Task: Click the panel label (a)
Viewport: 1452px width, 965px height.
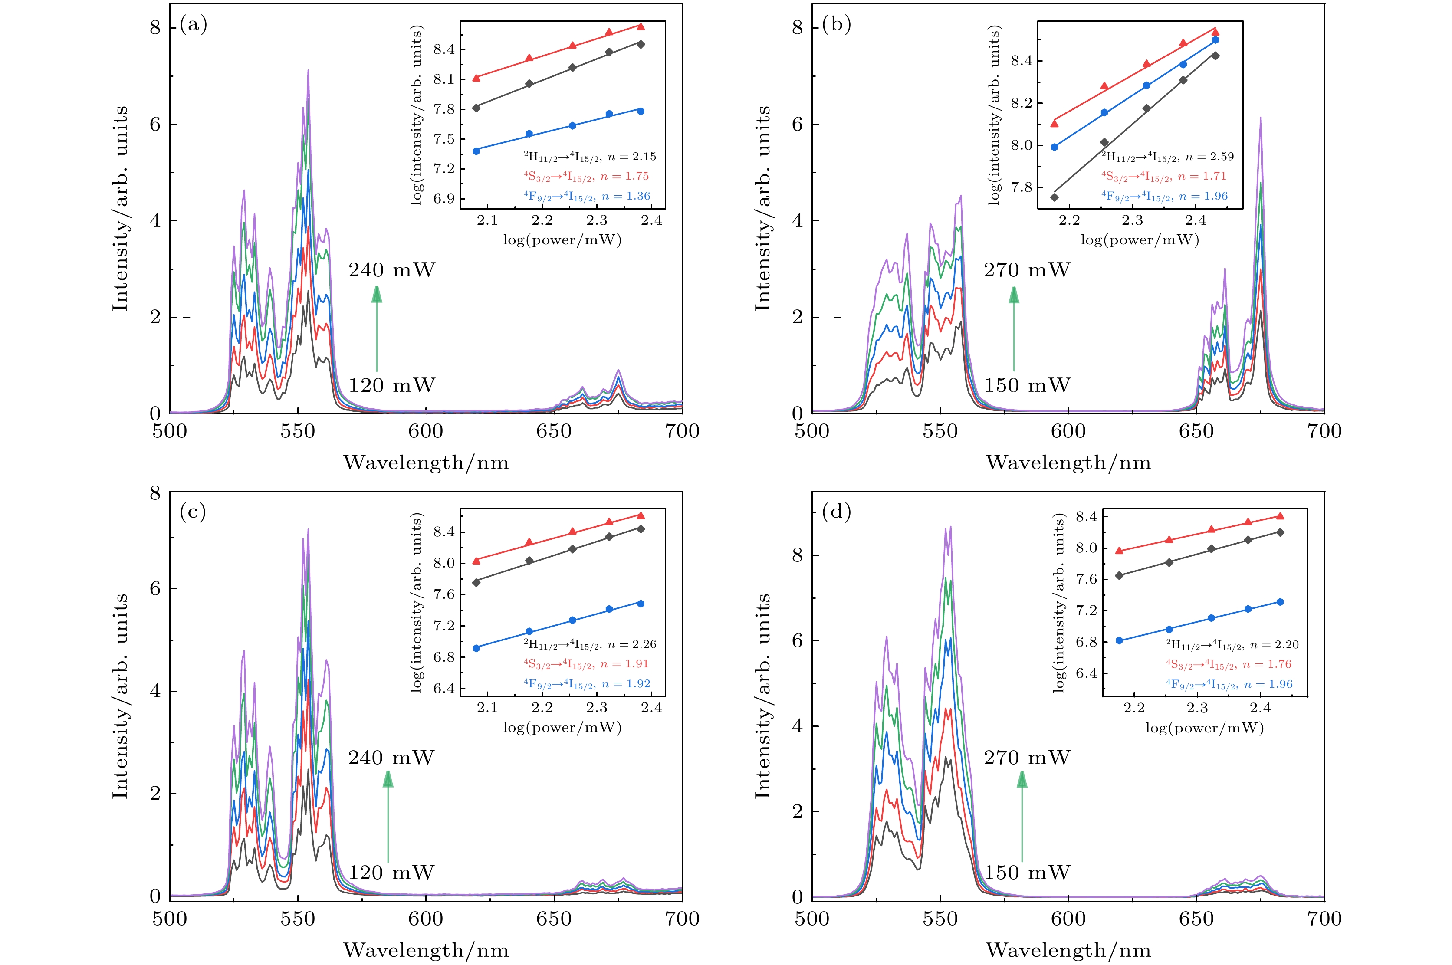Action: [x=193, y=25]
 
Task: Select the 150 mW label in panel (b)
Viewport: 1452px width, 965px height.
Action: [x=1027, y=385]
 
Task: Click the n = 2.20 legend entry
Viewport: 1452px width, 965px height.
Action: [x=1232, y=645]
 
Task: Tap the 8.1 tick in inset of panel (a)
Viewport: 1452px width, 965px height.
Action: [x=444, y=79]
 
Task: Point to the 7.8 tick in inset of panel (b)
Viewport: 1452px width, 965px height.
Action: [x=1022, y=187]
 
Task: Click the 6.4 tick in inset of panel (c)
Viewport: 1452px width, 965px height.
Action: [x=444, y=688]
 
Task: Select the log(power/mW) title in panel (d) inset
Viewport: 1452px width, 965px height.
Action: [x=1205, y=728]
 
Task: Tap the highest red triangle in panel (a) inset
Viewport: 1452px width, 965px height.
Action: [x=641, y=26]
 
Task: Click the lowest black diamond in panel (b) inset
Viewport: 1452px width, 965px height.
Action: [x=1055, y=197]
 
